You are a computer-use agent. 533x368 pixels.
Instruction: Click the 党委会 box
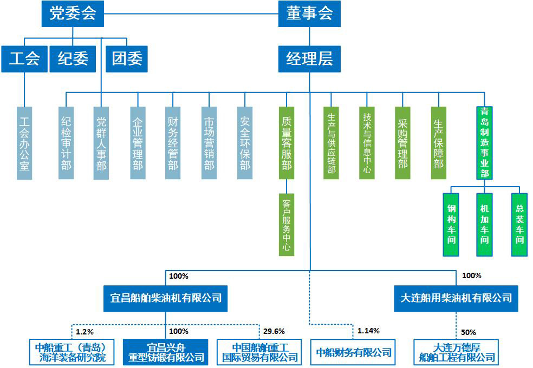73,14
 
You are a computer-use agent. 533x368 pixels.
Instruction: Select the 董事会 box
309,14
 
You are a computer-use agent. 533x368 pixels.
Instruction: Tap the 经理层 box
309,58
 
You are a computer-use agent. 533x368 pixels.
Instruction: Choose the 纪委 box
73,58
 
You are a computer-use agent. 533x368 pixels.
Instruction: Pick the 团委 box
127,58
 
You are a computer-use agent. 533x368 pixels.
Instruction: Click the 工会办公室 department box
24,143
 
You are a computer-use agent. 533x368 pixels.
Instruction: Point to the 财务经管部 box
173,143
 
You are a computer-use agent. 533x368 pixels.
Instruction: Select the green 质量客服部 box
287,143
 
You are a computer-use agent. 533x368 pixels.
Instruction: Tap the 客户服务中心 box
287,225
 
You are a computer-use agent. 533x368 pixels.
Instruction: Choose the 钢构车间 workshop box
451,225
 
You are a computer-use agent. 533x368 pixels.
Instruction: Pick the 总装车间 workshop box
519,225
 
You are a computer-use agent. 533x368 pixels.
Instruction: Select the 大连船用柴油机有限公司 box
456,298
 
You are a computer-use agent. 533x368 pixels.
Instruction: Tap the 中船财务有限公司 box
353,352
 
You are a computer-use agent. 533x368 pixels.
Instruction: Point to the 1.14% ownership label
368,331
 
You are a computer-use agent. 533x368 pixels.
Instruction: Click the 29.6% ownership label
274,331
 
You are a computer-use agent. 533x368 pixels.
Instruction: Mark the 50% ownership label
469,331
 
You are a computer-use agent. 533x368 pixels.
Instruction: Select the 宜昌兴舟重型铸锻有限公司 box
165,352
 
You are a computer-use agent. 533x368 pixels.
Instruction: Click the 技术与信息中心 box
367,143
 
